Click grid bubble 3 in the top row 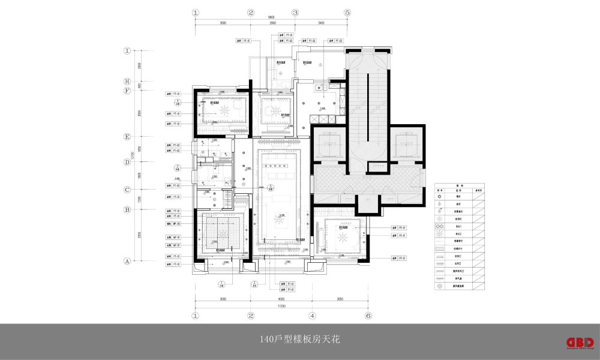[x=295, y=12]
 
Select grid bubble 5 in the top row [x=347, y=12]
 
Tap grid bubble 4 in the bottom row [x=312, y=315]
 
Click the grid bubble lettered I [x=127, y=51]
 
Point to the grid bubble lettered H [x=127, y=82]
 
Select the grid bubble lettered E [x=127, y=137]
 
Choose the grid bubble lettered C [x=127, y=190]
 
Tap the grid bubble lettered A [x=127, y=261]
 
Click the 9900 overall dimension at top [x=271, y=19]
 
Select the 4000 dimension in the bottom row [x=281, y=298]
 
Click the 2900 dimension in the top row [x=272, y=24]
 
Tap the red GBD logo [x=580, y=341]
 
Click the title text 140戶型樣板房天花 [x=299, y=340]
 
